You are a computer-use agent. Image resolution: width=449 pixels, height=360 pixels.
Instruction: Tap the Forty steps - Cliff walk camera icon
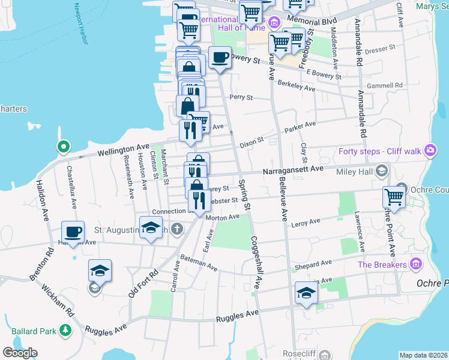pos(430,151)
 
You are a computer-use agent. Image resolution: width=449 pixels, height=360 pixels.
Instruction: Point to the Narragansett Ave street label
pos(292,171)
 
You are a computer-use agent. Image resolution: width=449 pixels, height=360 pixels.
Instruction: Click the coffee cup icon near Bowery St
pos(220,58)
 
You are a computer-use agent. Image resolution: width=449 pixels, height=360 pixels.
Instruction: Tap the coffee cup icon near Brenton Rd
pos(73,232)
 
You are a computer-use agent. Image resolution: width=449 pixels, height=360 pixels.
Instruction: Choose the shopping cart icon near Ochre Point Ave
pos(394,196)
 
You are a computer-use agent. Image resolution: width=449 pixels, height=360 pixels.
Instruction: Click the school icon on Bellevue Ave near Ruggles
pos(306,293)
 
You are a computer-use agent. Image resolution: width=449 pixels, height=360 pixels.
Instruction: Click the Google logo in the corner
pos(19,353)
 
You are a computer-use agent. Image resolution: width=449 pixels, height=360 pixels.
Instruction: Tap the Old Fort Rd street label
pos(142,283)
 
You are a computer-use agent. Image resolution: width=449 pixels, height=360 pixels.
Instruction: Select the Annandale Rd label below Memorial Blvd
pos(358,45)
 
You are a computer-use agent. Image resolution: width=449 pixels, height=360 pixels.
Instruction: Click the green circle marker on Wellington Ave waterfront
pos(62,146)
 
